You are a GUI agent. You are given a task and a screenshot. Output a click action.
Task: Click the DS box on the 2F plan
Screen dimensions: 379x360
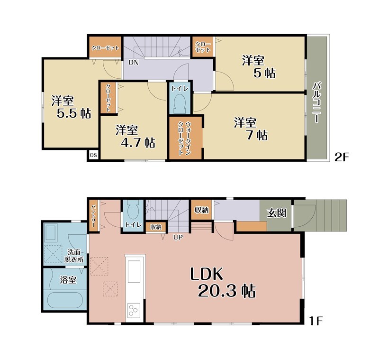pyautogui.click(x=93, y=155)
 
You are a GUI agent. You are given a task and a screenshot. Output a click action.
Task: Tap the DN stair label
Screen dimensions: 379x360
pyautogui.click(x=134, y=63)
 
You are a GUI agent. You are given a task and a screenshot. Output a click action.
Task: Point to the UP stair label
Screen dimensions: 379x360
pyautogui.click(x=178, y=238)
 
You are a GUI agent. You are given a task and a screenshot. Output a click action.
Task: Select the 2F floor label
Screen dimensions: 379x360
pyautogui.click(x=342, y=157)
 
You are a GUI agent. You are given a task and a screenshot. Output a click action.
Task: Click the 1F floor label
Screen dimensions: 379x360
pyautogui.click(x=316, y=321)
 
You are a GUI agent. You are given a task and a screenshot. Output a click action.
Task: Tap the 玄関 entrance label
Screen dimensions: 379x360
pyautogui.click(x=277, y=213)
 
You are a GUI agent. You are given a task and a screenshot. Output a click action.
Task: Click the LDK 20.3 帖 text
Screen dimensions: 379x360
pyautogui.click(x=223, y=282)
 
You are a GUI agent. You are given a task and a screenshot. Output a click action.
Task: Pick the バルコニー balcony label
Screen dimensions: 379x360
pyautogui.click(x=317, y=102)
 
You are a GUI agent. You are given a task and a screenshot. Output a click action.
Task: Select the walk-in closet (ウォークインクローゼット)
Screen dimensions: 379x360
pyautogui.click(x=185, y=138)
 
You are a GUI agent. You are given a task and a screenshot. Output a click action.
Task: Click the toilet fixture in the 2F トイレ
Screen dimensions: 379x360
pyautogui.click(x=180, y=103)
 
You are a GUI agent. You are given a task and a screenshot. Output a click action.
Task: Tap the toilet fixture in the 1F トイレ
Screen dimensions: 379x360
pyautogui.click(x=133, y=210)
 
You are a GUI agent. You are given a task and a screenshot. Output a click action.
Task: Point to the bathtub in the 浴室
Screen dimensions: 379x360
pyautogui.click(x=65, y=300)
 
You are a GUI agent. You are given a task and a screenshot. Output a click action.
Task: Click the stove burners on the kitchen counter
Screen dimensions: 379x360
pyautogui.click(x=134, y=310)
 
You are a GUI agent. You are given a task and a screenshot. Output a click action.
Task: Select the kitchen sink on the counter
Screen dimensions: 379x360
pyautogui.click(x=134, y=271)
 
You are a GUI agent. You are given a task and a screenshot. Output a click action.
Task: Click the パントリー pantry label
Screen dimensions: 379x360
pyautogui.click(x=93, y=216)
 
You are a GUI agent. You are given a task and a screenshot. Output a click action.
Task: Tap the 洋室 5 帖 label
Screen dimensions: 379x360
pyautogui.click(x=259, y=67)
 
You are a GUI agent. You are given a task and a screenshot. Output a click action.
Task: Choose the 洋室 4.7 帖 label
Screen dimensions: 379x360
pyautogui.click(x=135, y=136)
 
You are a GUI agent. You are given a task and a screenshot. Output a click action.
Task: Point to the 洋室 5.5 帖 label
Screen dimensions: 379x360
pyautogui.click(x=72, y=107)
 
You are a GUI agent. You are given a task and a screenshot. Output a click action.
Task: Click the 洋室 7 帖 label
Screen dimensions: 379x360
pyautogui.click(x=251, y=129)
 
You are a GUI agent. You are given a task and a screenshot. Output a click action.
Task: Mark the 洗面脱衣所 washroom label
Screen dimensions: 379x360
pyautogui.click(x=74, y=256)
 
